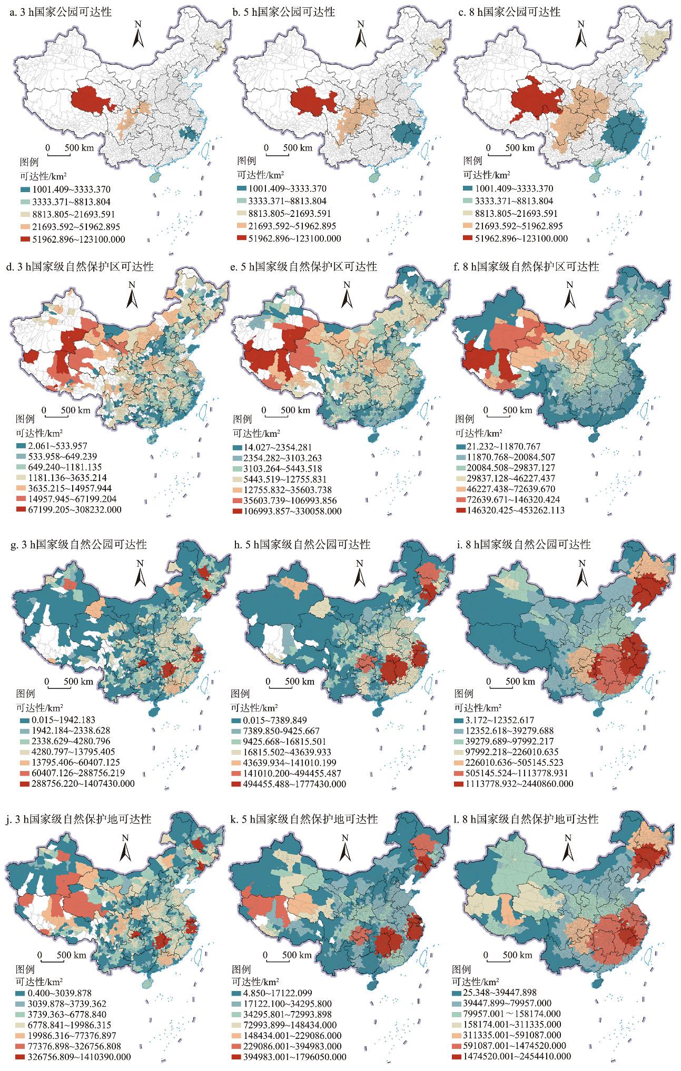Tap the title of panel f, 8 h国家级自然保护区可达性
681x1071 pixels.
click(527, 267)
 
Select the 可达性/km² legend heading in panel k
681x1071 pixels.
click(255, 981)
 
